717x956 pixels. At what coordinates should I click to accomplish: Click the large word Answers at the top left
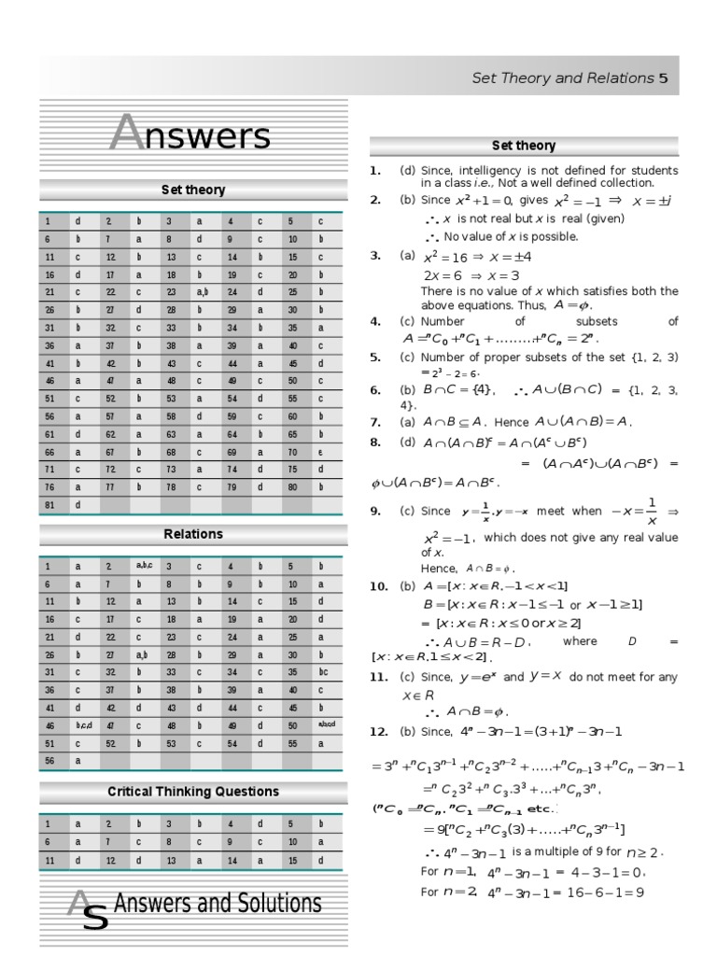click(x=190, y=136)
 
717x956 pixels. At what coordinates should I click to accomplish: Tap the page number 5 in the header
click(x=663, y=78)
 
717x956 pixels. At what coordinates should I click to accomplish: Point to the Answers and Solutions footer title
click(x=217, y=905)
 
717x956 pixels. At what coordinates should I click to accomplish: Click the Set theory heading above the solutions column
click(x=523, y=146)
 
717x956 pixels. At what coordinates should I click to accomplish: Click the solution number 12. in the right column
click(x=378, y=729)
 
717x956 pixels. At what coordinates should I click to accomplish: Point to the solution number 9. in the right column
click(x=374, y=511)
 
